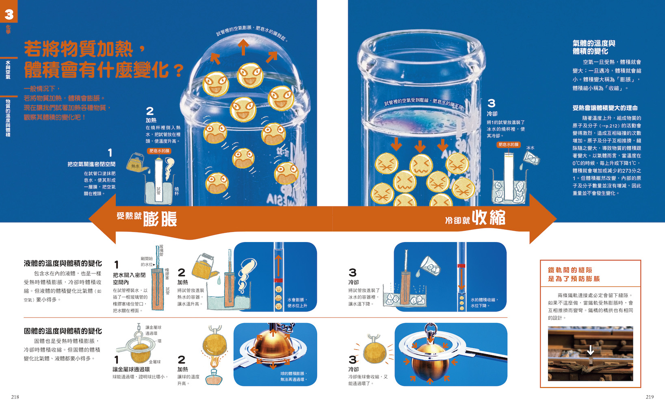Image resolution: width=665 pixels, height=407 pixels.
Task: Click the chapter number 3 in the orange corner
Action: [x=9, y=14]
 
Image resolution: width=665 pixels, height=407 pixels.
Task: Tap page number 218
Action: [x=15, y=397]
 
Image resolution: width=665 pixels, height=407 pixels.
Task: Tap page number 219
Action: [x=650, y=397]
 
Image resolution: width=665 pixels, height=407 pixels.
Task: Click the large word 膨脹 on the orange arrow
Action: [x=160, y=219]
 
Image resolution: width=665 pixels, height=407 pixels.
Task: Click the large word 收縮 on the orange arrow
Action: [x=489, y=217]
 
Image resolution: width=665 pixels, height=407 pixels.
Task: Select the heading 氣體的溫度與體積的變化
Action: [x=594, y=47]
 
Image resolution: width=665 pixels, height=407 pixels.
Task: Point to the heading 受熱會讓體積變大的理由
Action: [x=605, y=108]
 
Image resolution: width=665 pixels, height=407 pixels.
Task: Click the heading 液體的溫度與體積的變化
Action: [x=63, y=263]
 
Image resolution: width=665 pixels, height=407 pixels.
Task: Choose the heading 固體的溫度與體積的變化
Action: [x=63, y=331]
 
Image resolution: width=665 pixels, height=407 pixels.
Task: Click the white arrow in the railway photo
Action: [x=591, y=350]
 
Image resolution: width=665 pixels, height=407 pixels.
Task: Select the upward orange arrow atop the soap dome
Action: [x=243, y=47]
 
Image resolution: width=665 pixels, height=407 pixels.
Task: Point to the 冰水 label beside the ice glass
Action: [x=530, y=148]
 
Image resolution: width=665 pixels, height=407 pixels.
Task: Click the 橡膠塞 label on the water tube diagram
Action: [x=167, y=274]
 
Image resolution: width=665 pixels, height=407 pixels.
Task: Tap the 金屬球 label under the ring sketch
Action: [x=155, y=362]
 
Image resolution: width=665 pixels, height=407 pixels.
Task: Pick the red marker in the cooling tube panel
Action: [x=461, y=266]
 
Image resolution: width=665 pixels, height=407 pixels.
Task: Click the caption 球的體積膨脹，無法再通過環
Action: [x=294, y=377]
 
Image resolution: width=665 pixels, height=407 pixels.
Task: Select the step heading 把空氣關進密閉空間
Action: [x=91, y=164]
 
